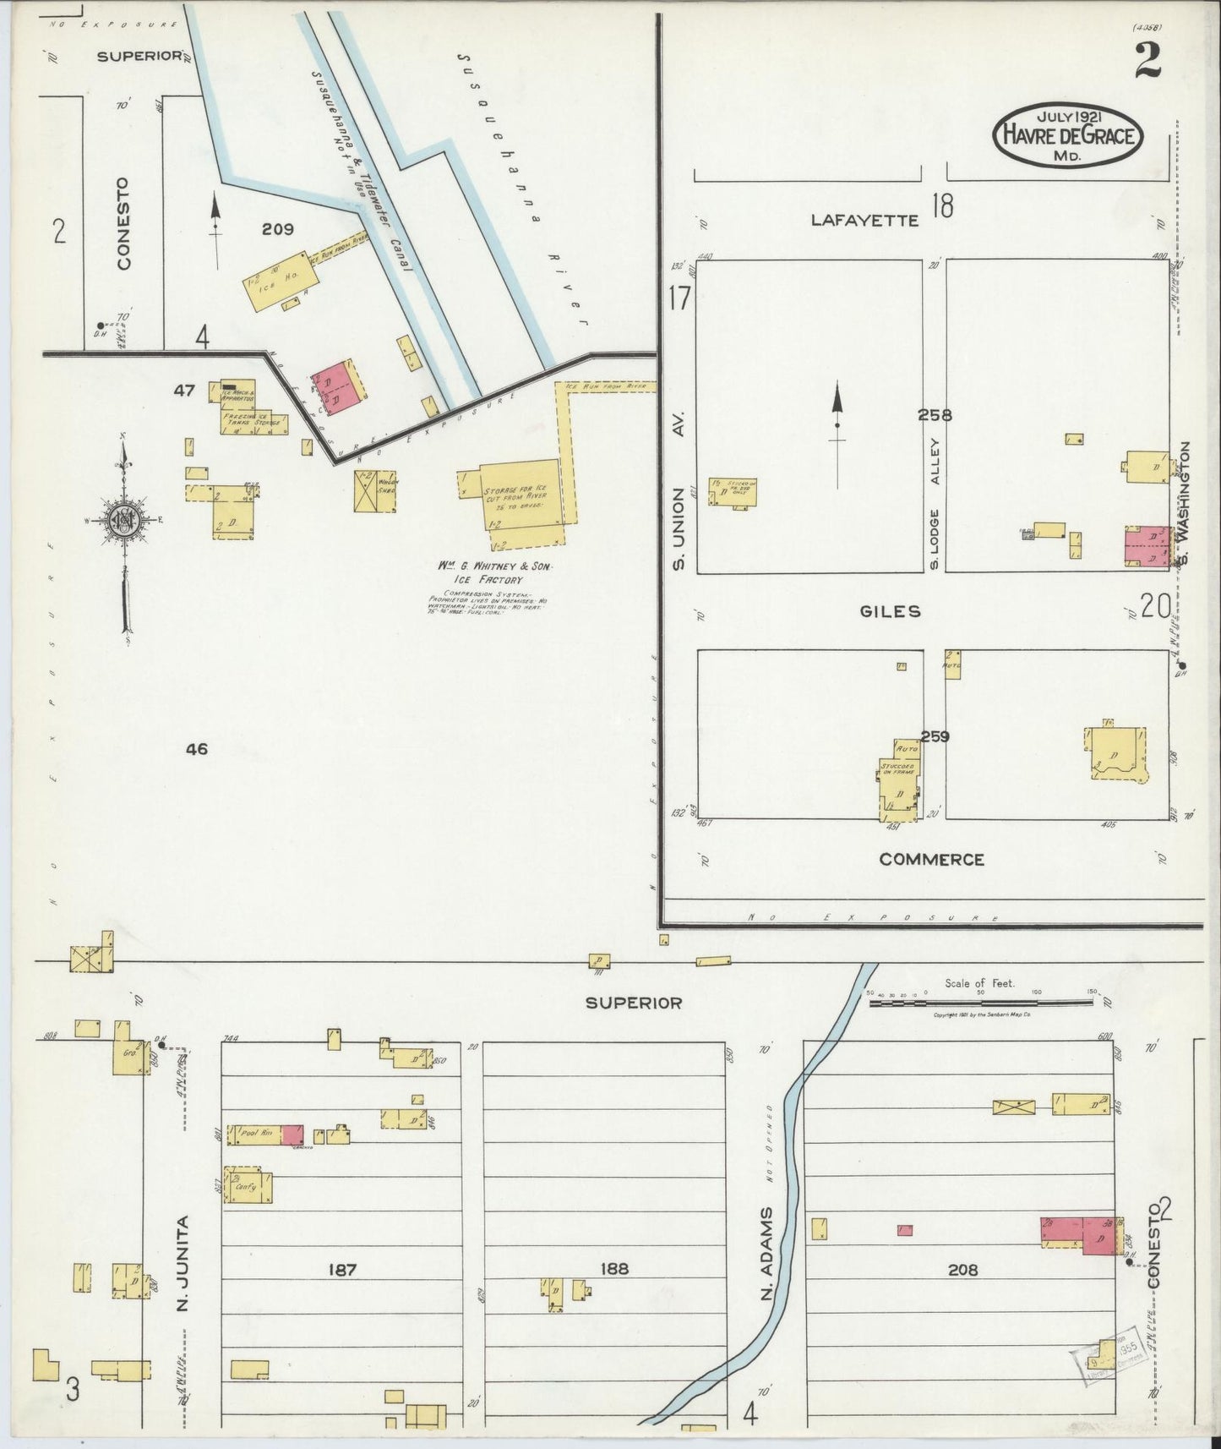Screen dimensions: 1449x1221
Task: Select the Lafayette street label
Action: [864, 221]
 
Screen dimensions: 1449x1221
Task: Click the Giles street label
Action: [890, 611]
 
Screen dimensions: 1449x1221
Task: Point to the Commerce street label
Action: [931, 860]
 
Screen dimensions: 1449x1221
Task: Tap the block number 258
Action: [935, 415]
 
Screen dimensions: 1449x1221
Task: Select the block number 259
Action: [935, 736]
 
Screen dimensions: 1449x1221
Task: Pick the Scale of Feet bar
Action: [980, 1001]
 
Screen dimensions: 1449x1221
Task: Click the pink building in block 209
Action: [335, 389]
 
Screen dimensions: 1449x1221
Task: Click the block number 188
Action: [614, 1269]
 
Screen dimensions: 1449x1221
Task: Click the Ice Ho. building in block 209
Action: [275, 279]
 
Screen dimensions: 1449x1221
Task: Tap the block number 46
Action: [197, 749]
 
